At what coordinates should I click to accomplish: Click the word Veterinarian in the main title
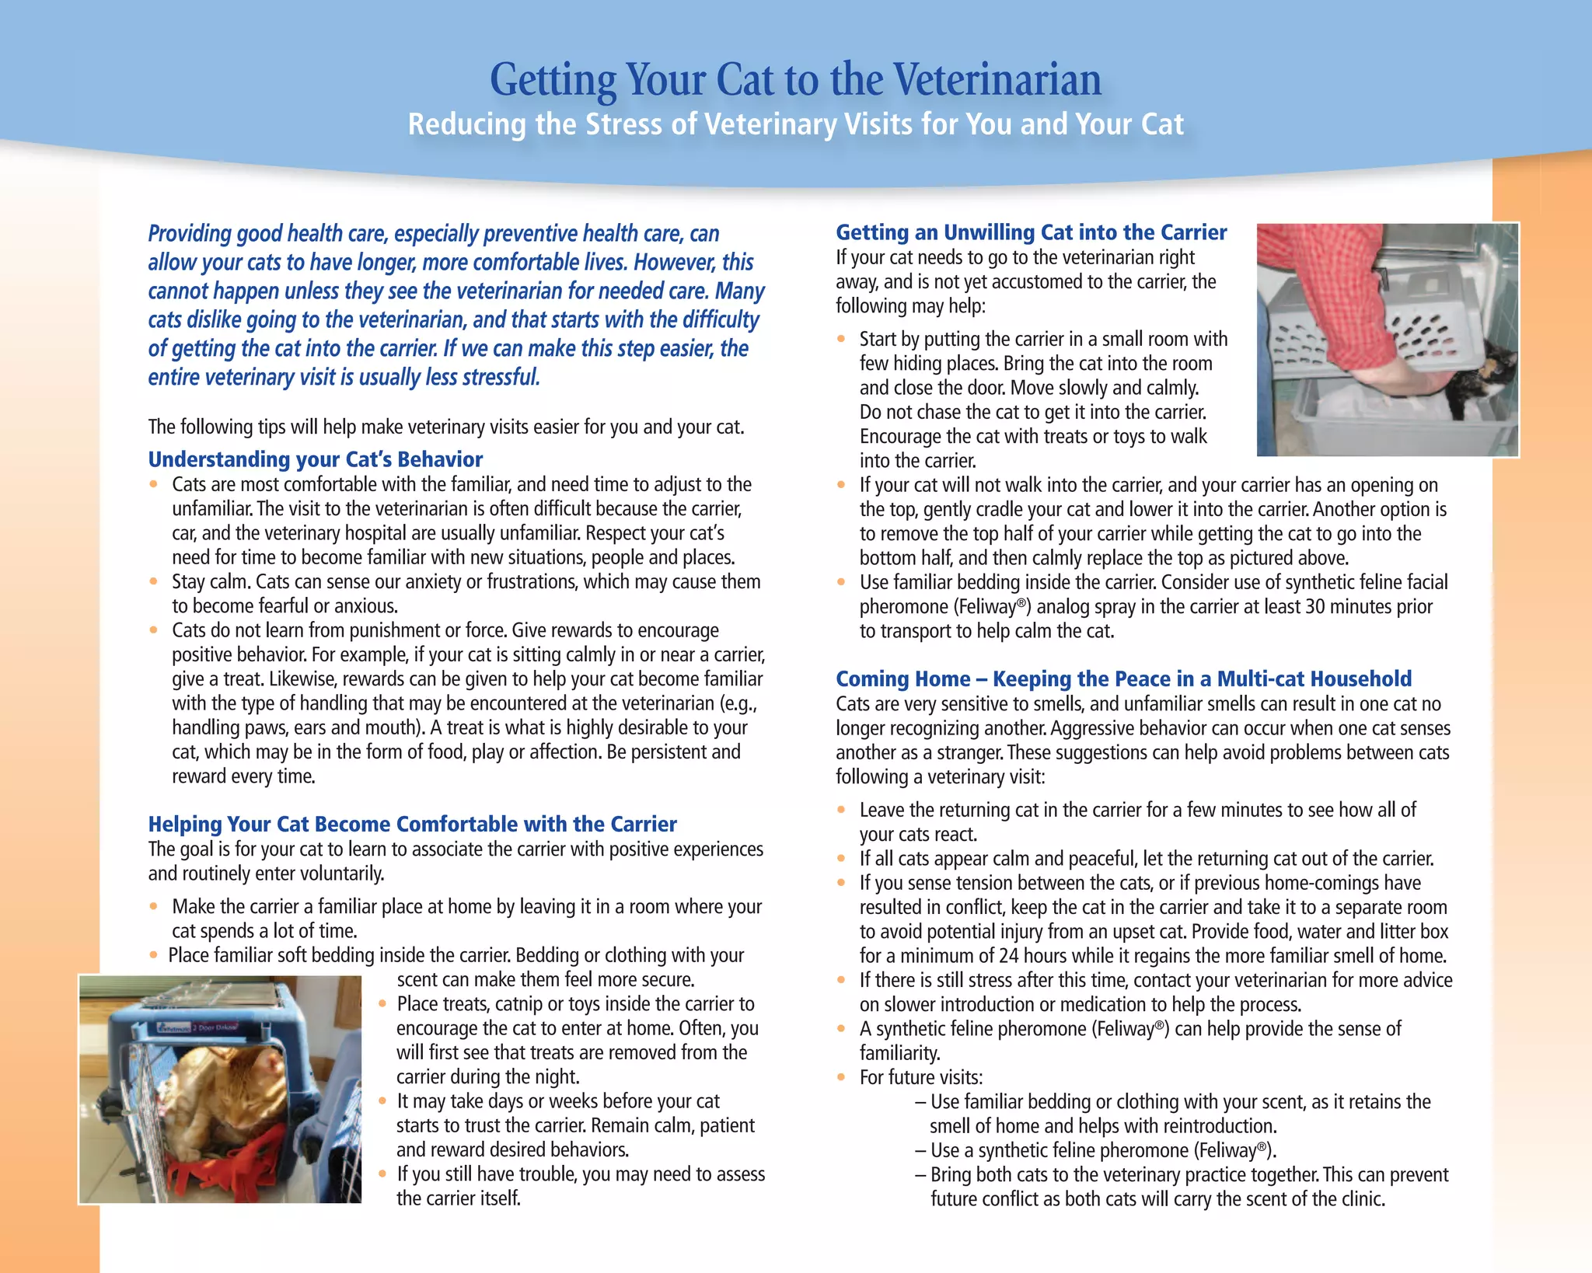(x=997, y=80)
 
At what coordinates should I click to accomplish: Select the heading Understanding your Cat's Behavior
(x=315, y=459)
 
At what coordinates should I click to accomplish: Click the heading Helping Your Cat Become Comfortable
(x=412, y=824)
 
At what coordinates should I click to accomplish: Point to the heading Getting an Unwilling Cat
(x=1031, y=232)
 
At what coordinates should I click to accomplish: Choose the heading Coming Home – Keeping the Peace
(x=1123, y=678)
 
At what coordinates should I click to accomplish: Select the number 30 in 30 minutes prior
(x=1315, y=607)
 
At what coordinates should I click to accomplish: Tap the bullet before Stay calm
(x=154, y=582)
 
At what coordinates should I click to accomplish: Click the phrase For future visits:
(x=921, y=1078)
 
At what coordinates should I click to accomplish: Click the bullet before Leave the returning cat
(x=841, y=810)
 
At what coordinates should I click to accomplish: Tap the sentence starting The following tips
(x=446, y=427)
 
